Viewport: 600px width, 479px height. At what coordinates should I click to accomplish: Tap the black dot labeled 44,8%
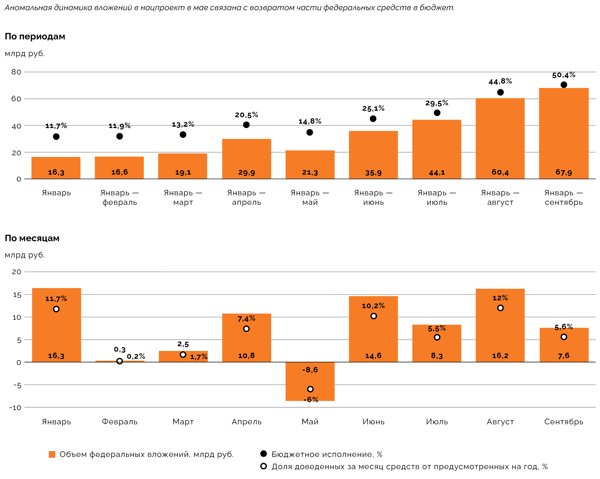[500, 92]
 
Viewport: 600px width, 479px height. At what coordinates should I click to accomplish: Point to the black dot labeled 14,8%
[310, 132]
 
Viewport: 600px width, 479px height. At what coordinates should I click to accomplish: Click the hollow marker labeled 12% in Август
[500, 308]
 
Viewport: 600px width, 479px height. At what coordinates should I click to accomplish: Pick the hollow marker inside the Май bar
[310, 389]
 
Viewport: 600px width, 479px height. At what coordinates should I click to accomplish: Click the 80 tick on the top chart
[16, 72]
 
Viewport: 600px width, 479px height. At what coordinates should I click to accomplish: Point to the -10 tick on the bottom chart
[15, 408]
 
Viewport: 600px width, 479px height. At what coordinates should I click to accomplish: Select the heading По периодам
[35, 37]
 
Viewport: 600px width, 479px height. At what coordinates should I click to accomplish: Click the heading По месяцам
[32, 238]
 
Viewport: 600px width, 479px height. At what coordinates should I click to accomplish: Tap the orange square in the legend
[52, 455]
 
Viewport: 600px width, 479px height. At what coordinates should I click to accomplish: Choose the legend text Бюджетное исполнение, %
[327, 455]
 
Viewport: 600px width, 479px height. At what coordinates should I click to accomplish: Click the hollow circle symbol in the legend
[263, 466]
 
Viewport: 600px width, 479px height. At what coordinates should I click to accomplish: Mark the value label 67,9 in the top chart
[564, 173]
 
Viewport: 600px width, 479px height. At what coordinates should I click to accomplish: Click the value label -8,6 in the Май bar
[310, 370]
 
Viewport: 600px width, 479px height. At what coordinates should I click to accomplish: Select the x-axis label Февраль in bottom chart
[119, 422]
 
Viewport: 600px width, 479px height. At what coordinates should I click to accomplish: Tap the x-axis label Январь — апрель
[246, 198]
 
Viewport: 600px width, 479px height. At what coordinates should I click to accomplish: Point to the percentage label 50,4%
[564, 75]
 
